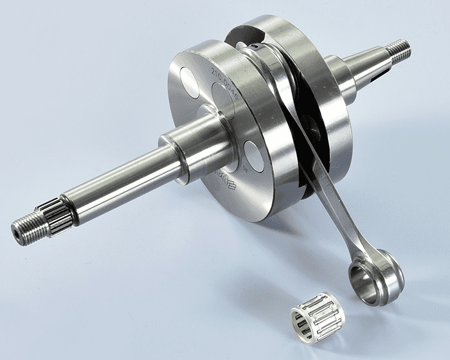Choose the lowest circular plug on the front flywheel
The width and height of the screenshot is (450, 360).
(253, 156)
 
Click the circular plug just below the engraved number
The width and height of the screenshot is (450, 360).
(223, 102)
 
